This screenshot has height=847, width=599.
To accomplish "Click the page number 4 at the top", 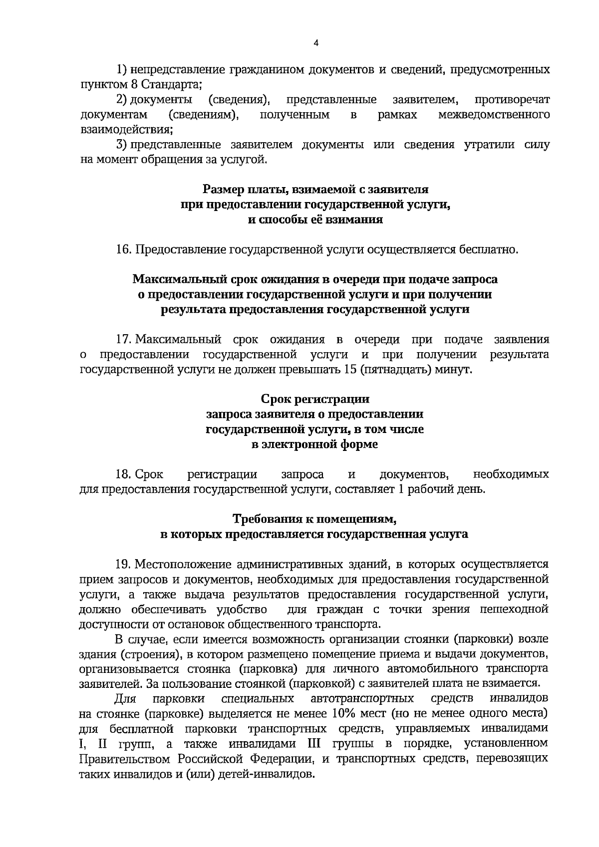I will click(315, 43).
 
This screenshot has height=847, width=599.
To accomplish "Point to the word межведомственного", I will click(494, 115).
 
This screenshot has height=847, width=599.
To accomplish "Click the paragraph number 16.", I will click(123, 250).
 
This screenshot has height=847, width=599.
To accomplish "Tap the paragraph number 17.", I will click(123, 340).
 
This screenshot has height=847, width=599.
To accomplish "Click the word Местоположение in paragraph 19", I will click(185, 565).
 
